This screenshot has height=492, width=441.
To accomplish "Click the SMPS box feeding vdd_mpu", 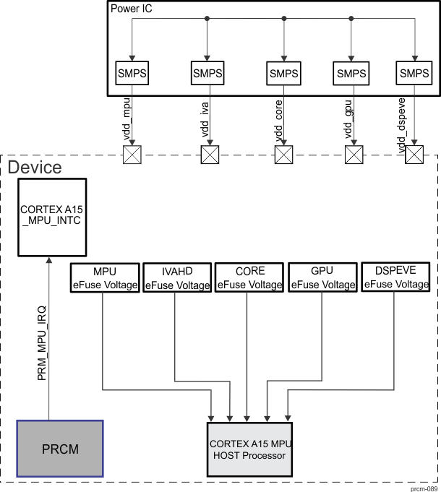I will point(131,72).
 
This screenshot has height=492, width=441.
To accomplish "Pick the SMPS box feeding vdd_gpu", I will point(351,72).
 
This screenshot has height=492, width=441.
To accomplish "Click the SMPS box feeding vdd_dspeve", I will point(414,72).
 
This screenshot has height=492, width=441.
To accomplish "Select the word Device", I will point(34,168).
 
